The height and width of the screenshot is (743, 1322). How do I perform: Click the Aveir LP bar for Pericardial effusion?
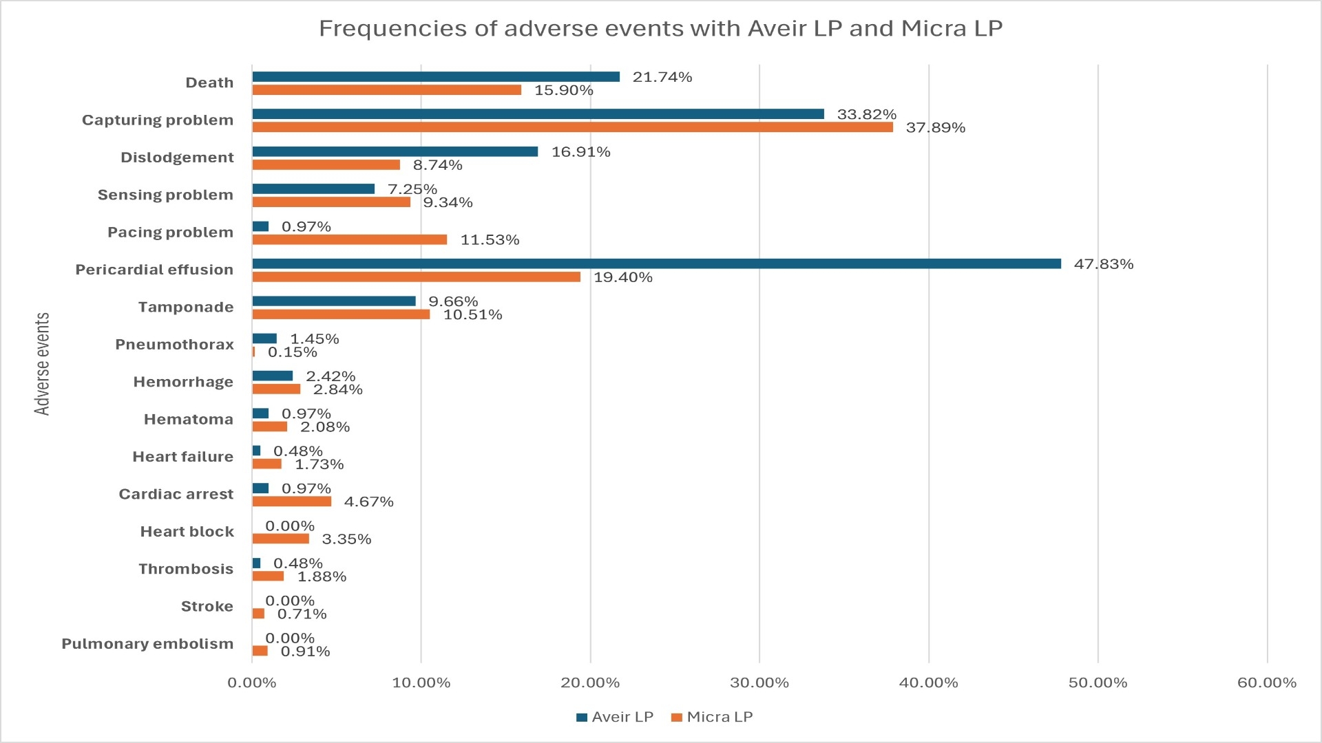tap(656, 263)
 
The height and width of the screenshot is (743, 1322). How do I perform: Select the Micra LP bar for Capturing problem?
tap(572, 127)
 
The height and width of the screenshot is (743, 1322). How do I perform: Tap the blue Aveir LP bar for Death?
tap(436, 77)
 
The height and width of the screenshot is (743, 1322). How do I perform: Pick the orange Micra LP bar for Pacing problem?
tap(349, 239)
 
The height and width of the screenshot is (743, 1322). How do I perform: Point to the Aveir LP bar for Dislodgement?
tap(395, 151)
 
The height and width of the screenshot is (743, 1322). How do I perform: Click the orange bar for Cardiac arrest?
tap(291, 502)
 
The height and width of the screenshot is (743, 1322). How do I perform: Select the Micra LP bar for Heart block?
tap(280, 539)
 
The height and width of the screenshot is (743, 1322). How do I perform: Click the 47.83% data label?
tap(1103, 264)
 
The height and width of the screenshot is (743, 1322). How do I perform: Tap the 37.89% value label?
tap(935, 128)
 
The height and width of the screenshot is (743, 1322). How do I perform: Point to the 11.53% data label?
tap(490, 240)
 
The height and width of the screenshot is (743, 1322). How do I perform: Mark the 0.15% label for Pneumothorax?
tap(292, 352)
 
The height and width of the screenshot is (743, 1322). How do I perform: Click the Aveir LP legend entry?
tap(615, 717)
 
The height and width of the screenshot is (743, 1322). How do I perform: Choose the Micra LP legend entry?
tap(712, 717)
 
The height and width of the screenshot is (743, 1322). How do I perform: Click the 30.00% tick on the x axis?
tap(759, 683)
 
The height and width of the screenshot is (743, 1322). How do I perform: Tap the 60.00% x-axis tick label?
tap(1266, 683)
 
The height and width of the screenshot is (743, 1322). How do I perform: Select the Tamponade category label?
tap(185, 307)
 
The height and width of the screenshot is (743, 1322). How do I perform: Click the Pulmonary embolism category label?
tap(147, 644)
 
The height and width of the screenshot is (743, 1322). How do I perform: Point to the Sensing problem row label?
tap(165, 195)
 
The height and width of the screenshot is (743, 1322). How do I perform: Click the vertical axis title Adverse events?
tap(43, 364)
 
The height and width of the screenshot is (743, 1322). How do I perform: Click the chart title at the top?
tap(660, 28)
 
